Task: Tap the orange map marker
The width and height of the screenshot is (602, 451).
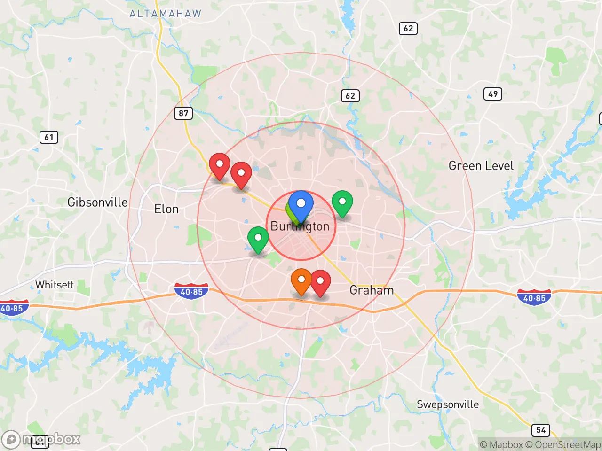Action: point(301,281)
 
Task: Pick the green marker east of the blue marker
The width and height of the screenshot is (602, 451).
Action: point(342,203)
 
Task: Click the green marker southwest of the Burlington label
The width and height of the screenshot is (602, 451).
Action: point(258,239)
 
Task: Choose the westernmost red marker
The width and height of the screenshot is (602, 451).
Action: point(219,165)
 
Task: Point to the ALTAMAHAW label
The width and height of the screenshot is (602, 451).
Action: point(165,14)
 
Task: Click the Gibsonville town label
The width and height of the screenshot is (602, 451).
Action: point(97,202)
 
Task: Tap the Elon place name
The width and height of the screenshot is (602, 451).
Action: point(166,209)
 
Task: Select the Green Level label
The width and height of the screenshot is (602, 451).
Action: point(481,166)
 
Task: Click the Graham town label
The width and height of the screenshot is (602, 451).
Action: point(372,290)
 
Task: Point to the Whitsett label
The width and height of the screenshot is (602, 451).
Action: point(55,285)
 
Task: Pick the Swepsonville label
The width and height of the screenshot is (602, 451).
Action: point(448,404)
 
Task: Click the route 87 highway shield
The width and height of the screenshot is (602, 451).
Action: point(183,113)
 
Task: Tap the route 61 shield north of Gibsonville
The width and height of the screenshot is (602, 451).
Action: point(49,137)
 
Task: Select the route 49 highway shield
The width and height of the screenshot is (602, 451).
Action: point(493,94)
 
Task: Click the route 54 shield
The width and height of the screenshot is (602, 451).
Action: point(541,430)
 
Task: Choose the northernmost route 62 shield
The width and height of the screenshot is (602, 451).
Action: point(408,28)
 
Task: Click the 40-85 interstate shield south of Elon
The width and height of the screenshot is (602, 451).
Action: point(191,291)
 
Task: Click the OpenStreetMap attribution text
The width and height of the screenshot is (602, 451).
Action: point(563,444)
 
